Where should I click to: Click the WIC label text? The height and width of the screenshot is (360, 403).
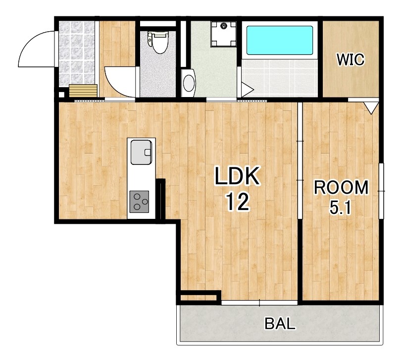pyautogui.click(x=351, y=59)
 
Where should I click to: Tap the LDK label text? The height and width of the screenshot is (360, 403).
pyautogui.click(x=237, y=176)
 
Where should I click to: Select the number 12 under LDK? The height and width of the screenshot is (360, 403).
pyautogui.click(x=238, y=202)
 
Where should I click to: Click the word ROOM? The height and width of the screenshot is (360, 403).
pyautogui.click(x=341, y=187)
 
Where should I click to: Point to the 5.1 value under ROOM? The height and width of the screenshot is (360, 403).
pyautogui.click(x=340, y=208)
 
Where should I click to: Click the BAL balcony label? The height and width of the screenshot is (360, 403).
pyautogui.click(x=280, y=323)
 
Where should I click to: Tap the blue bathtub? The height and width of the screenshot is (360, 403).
pyautogui.click(x=280, y=41)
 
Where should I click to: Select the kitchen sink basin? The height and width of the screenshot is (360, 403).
pyautogui.click(x=142, y=152)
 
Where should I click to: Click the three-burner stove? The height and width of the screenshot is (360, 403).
pyautogui.click(x=139, y=202)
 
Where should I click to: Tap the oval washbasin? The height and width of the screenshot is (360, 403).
pyautogui.click(x=189, y=83)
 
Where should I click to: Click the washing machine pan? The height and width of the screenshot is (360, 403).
pyautogui.click(x=224, y=34)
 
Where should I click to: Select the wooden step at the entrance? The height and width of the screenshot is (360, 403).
pyautogui.click(x=83, y=91)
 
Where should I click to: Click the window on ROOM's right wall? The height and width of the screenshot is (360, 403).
pyautogui.click(x=381, y=191)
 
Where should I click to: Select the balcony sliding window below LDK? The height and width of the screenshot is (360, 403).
pyautogui.click(x=259, y=303)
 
